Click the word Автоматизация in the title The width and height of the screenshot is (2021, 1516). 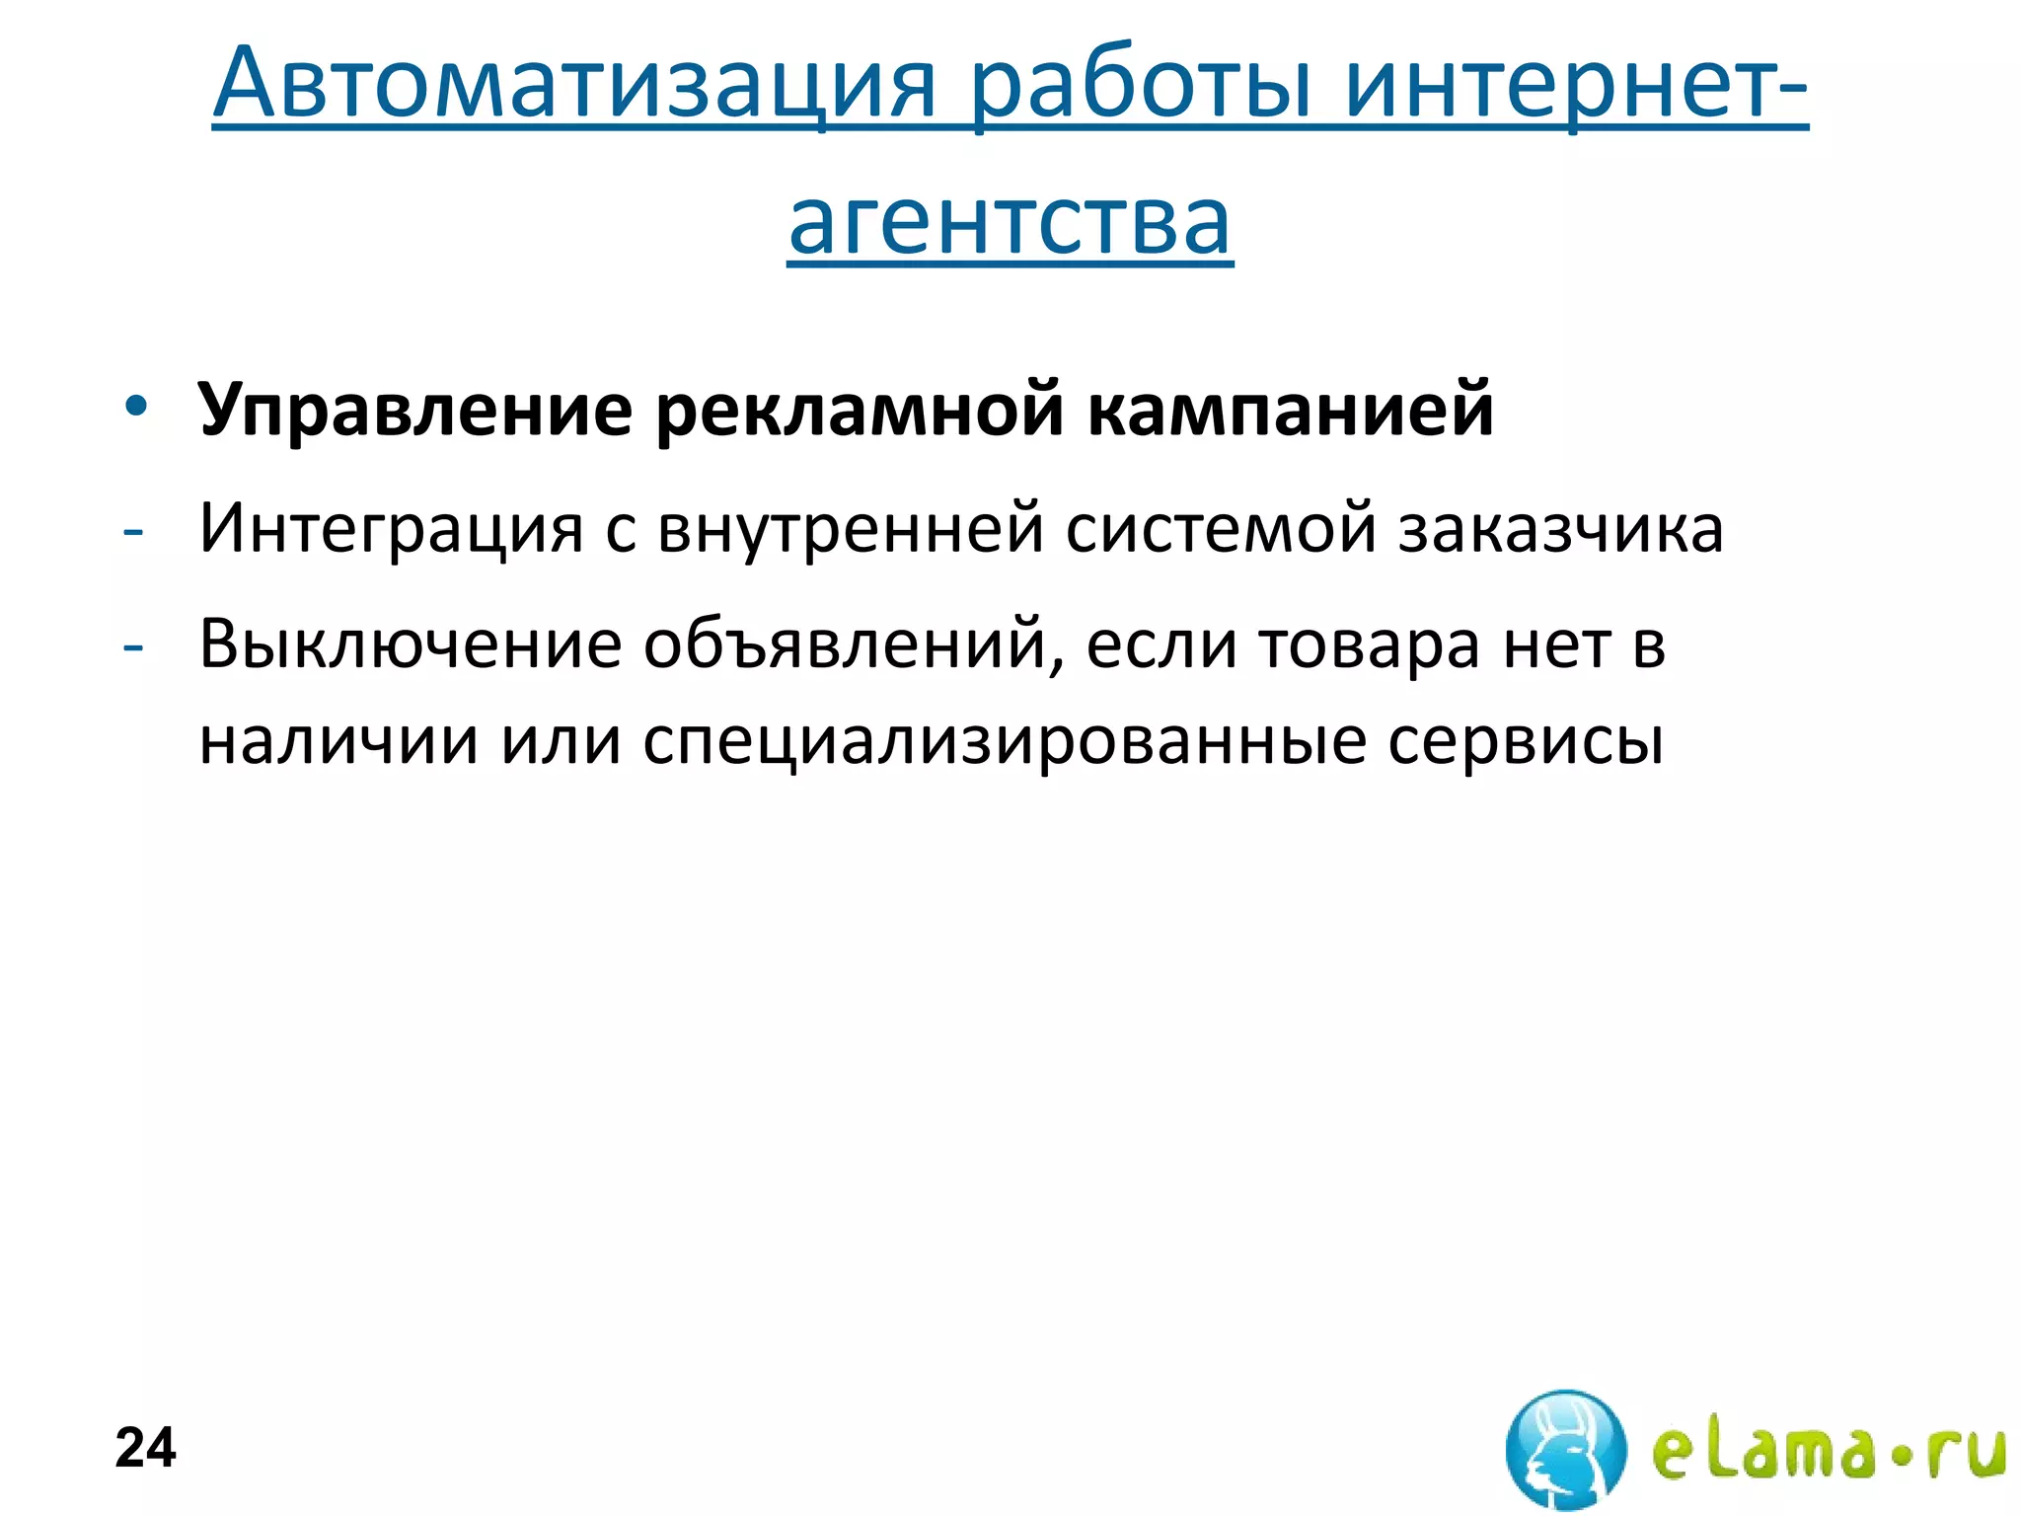click(x=573, y=83)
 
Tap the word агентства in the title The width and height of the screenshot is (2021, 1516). click(x=1010, y=221)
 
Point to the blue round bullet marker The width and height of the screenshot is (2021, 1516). click(x=135, y=407)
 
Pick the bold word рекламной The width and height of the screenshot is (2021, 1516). click(x=859, y=410)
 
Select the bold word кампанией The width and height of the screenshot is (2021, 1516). click(x=1291, y=410)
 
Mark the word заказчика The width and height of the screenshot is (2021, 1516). click(x=1561, y=528)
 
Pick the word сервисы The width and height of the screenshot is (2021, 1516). click(x=1526, y=741)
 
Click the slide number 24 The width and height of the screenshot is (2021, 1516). click(x=146, y=1448)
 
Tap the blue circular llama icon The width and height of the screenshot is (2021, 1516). click(x=1565, y=1448)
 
